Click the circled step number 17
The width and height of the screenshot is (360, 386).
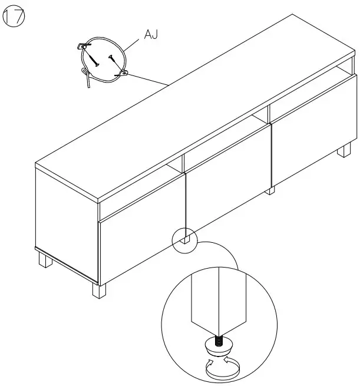(14, 18)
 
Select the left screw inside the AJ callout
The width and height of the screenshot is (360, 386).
(94, 57)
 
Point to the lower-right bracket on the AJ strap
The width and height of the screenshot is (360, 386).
(124, 72)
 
